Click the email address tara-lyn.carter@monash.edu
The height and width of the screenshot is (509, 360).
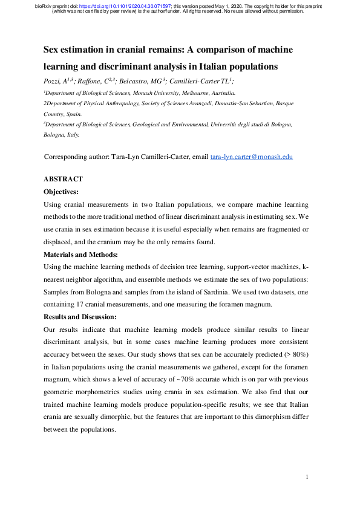coord(251,157)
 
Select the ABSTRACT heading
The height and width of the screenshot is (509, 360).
coord(63,180)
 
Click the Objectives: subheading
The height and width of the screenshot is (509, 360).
coord(61,192)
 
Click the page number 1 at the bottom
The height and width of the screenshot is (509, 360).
coord(307,478)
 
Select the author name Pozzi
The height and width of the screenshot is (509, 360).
coord(53,80)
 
